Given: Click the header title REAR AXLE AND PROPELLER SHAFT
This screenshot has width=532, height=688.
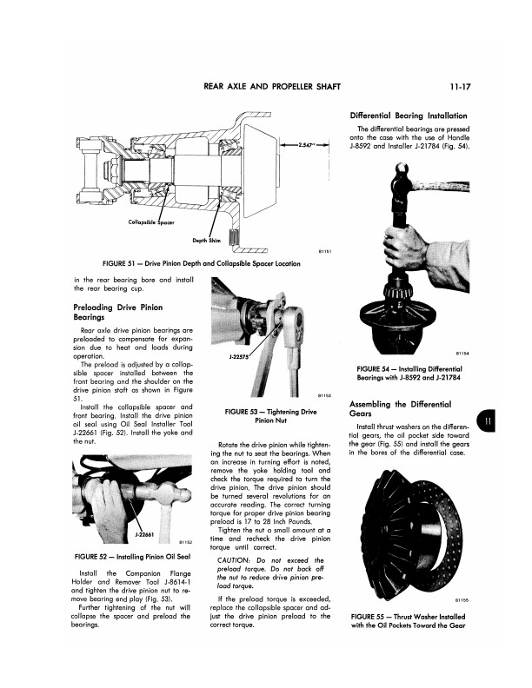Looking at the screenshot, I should tap(270, 87).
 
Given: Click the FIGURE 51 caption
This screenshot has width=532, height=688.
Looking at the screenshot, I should tap(201, 261).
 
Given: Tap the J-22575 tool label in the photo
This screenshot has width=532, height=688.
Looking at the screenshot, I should tap(215, 355).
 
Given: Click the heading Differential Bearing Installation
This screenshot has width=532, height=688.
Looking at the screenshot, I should tap(409, 116).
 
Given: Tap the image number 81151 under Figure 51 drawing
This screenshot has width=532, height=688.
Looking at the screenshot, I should tap(321, 252).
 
